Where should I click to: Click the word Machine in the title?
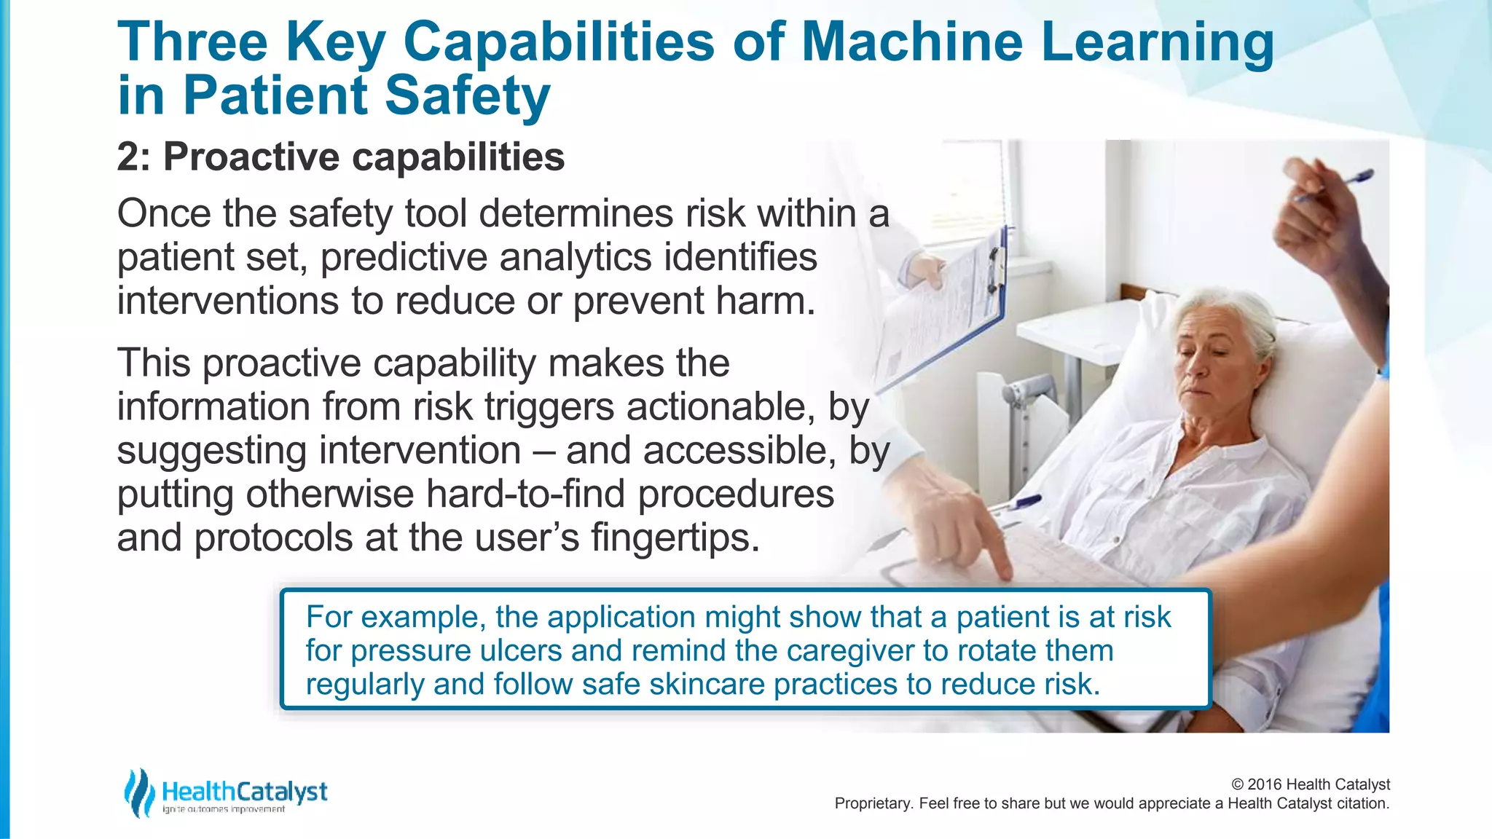912,42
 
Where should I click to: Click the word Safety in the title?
467,96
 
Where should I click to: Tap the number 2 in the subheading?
128,157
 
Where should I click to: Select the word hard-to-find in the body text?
525,495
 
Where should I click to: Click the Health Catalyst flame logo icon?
138,792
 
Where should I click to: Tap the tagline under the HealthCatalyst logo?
224,810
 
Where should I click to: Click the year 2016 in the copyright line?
1265,784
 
